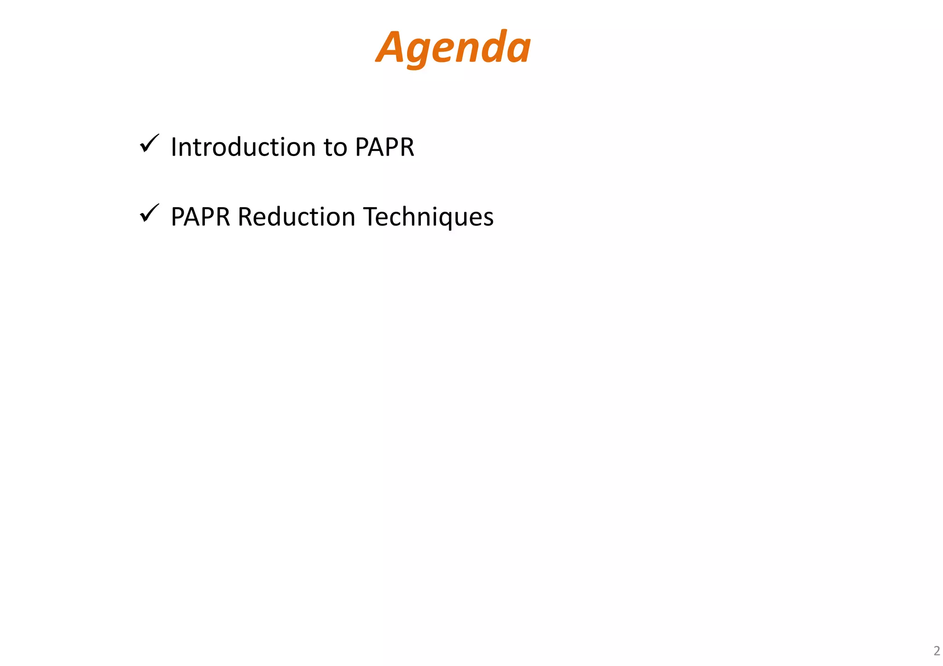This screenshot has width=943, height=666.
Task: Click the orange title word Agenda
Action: pos(454,47)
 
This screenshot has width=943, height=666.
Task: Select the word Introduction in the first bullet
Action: pos(243,147)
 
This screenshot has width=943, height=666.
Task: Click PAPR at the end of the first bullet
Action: pos(384,147)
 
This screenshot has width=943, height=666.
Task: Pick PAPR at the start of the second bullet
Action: pos(200,217)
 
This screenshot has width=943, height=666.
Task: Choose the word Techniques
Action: pos(428,217)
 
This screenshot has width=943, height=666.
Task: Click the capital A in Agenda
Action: pos(392,47)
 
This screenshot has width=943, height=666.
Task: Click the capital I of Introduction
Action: pos(174,147)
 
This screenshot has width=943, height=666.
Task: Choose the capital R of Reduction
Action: pos(244,217)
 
